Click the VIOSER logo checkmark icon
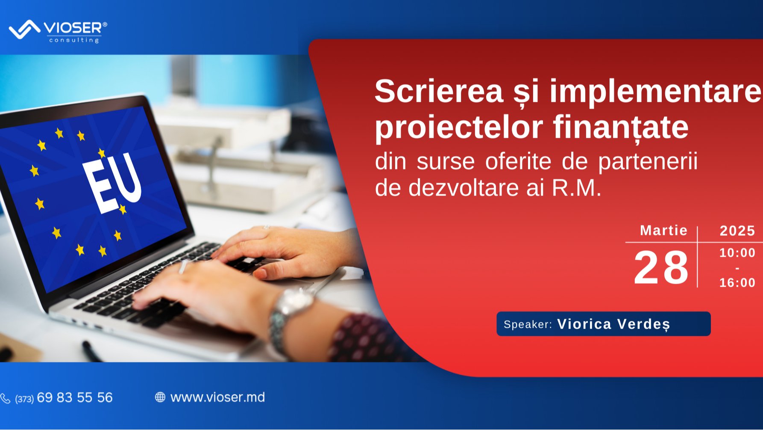tap(24, 29)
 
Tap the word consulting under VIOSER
tap(74, 40)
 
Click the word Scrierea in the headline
tap(439, 91)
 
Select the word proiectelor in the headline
tap(458, 128)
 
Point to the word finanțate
tap(620, 128)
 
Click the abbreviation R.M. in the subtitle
tap(576, 188)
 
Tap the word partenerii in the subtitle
tap(648, 162)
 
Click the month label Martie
tap(663, 231)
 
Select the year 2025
tap(737, 231)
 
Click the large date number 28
tap(661, 268)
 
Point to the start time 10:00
tap(737, 253)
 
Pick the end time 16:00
tap(737, 283)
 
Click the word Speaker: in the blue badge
tap(528, 324)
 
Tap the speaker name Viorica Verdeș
tap(613, 324)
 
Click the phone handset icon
tap(6, 398)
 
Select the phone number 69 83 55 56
tap(75, 397)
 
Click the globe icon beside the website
tap(160, 397)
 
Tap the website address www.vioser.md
tap(217, 397)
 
